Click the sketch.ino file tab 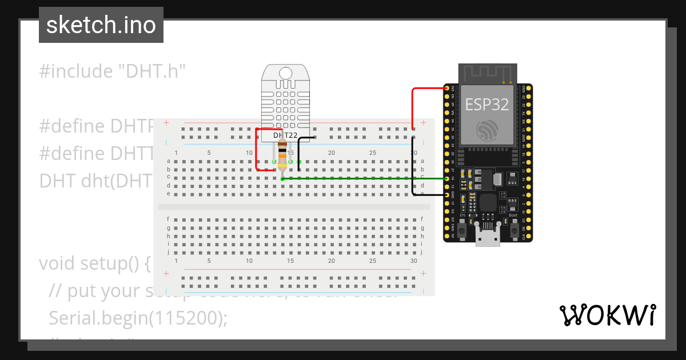click(x=101, y=25)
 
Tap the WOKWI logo click(x=607, y=315)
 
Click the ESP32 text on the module click(x=487, y=104)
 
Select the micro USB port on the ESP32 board click(x=488, y=235)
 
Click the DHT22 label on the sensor click(x=285, y=135)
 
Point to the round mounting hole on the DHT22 click(x=285, y=72)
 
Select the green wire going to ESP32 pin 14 click(x=366, y=179)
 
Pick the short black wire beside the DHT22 click(x=299, y=150)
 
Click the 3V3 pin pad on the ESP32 click(x=447, y=88)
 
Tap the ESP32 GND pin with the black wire click(x=447, y=195)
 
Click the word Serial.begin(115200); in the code click(x=138, y=318)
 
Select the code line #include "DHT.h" click(x=113, y=71)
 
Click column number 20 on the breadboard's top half click(x=331, y=153)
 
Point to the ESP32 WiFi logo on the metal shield click(x=487, y=130)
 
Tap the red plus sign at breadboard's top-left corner click(x=166, y=123)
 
